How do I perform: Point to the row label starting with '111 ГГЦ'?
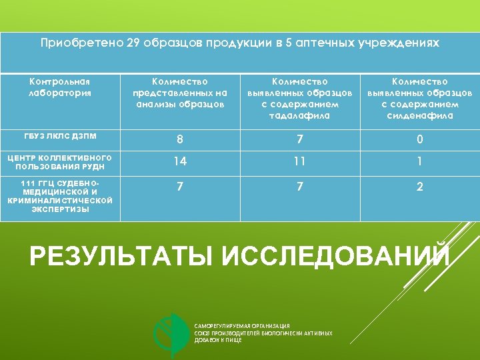[59, 196]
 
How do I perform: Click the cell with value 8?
[179, 140]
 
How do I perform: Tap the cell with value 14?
[179, 161]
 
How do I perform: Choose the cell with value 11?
[299, 161]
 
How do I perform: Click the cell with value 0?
[419, 140]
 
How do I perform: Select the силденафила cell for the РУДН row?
[419, 161]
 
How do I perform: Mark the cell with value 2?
[419, 187]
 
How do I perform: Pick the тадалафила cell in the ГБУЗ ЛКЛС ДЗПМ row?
[299, 140]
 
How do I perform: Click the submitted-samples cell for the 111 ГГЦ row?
[179, 187]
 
